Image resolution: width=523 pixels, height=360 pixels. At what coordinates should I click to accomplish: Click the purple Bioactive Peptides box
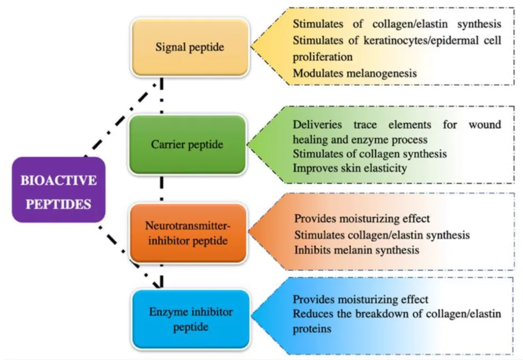[59, 190]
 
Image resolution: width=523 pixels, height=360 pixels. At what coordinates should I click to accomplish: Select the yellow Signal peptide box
[189, 47]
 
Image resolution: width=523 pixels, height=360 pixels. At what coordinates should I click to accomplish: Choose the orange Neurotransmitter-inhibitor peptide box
[187, 233]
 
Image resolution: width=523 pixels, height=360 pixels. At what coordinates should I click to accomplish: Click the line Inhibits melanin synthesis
[356, 250]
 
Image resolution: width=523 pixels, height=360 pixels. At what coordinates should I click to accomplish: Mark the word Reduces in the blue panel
[312, 314]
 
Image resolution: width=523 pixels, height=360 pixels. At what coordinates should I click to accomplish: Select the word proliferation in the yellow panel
[323, 57]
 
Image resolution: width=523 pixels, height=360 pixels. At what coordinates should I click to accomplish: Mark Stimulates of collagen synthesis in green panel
[369, 153]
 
